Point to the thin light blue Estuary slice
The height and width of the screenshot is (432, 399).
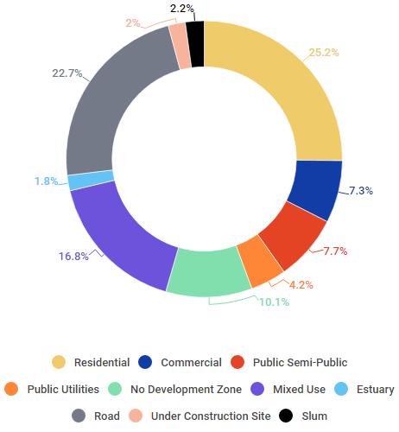(91, 180)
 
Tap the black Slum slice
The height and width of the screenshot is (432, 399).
(196, 44)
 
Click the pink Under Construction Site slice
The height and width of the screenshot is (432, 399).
(180, 46)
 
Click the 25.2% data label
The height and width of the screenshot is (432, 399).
(324, 53)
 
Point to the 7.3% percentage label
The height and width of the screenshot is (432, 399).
(361, 191)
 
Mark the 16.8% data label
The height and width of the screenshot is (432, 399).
(73, 256)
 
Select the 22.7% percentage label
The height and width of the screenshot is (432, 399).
(67, 73)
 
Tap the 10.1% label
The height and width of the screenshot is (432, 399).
(275, 302)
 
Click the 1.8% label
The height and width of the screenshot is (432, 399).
(47, 181)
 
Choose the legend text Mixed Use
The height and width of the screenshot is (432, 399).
(299, 390)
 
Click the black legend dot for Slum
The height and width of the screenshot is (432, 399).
(286, 416)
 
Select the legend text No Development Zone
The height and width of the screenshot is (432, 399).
(186, 390)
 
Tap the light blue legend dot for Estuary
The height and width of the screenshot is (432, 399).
(341, 389)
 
